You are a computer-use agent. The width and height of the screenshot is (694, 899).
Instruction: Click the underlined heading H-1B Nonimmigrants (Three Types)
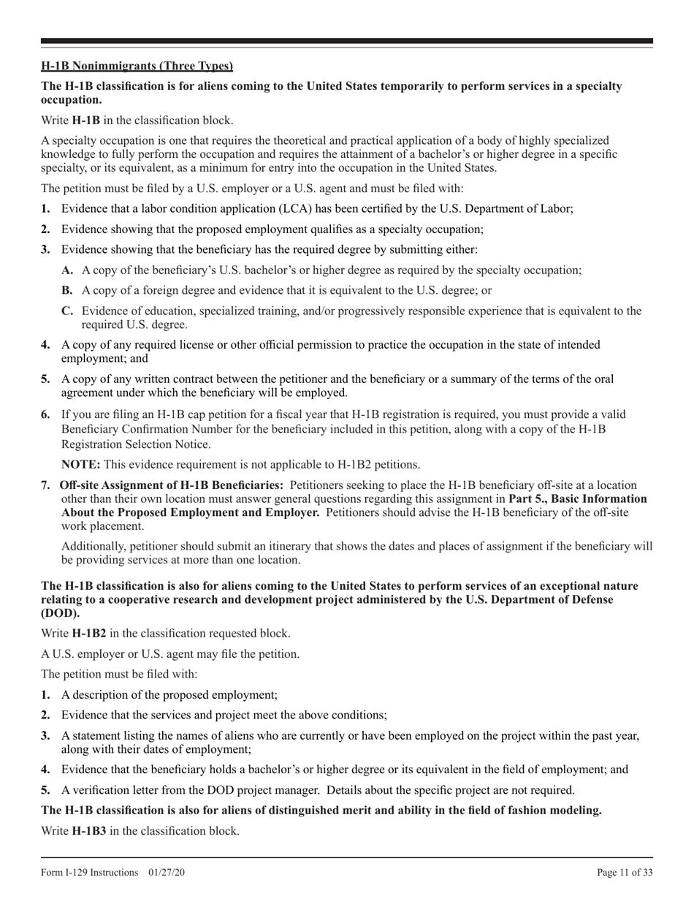pos(137,67)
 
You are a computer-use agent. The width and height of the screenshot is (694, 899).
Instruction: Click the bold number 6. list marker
pos(46,414)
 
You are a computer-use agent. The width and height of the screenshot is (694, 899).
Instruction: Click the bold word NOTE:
pos(81,464)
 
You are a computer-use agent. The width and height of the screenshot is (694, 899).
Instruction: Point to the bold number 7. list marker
pos(46,485)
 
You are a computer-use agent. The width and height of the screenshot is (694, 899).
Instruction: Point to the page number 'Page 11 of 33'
pos(625,872)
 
